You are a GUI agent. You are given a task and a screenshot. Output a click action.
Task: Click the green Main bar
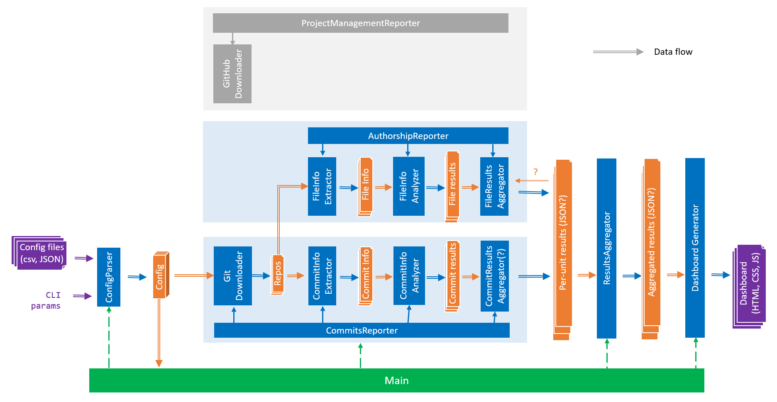point(396,380)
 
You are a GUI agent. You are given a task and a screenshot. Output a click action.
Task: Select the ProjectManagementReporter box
point(360,23)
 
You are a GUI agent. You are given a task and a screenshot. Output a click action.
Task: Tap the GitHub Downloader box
point(232,74)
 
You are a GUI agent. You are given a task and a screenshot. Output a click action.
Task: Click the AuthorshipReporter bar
point(408,136)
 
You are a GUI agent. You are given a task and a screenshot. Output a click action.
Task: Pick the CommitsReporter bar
point(362,330)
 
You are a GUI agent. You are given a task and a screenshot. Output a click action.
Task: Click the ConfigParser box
point(109,277)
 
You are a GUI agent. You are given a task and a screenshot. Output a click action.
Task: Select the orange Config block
point(160,275)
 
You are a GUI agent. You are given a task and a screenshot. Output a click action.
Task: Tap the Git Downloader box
point(233,276)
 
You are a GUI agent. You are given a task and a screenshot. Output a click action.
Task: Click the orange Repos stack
point(277,275)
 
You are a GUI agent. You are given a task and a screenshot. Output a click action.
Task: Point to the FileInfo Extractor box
point(322,186)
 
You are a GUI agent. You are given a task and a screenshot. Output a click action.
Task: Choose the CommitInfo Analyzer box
point(409,276)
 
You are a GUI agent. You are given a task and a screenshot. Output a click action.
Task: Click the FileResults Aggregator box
point(494,186)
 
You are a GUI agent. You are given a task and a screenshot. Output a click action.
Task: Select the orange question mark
point(535,172)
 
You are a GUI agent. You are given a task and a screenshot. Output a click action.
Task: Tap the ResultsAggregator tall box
point(606,248)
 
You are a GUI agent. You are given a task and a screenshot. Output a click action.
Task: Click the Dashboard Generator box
point(695,248)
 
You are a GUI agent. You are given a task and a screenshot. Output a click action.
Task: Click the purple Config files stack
point(40,253)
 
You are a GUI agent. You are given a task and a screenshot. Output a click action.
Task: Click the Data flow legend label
point(673,52)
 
